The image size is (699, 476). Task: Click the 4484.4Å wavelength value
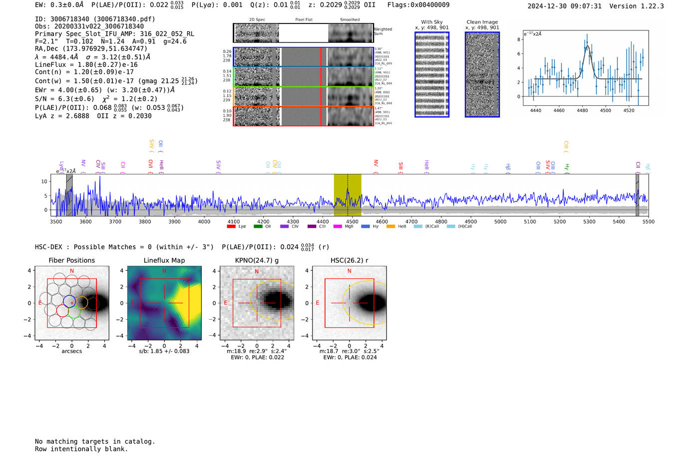pos(63,57)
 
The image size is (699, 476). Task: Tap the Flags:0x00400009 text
pos(418,4)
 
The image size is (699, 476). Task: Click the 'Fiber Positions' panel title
pos(71,260)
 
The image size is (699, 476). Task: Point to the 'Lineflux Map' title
pos(164,260)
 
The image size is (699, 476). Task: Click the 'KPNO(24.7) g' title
pos(257,260)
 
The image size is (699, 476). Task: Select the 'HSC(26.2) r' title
pos(349,260)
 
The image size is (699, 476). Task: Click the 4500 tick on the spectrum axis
pos(352,222)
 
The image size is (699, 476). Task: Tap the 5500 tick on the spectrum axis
pos(648,222)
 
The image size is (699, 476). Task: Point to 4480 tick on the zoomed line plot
pos(582,110)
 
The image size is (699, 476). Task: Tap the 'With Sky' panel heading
pos(431,22)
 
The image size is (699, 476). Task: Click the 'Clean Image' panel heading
pos(482,22)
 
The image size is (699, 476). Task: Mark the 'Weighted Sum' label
pos(382,31)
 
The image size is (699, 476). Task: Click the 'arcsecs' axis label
pos(71,351)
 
